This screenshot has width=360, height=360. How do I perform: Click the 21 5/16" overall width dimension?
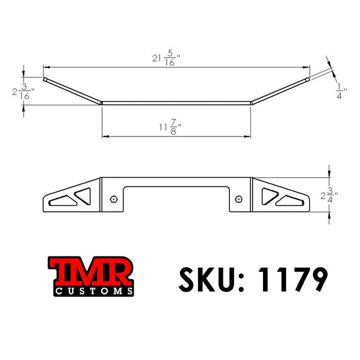click(166, 58)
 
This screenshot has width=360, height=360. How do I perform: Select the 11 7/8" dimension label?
click(170, 127)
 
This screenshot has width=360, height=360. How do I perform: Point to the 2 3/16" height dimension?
click(23, 92)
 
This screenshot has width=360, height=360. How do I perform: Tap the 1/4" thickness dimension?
click(341, 91)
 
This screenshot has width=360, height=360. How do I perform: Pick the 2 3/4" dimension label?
click(329, 195)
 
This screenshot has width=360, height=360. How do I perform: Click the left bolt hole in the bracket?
click(114, 199)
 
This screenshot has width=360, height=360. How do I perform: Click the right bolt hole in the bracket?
click(239, 199)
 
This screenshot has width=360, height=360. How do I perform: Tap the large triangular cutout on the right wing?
click(269, 195)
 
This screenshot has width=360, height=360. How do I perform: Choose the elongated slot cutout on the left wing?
click(62, 201)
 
